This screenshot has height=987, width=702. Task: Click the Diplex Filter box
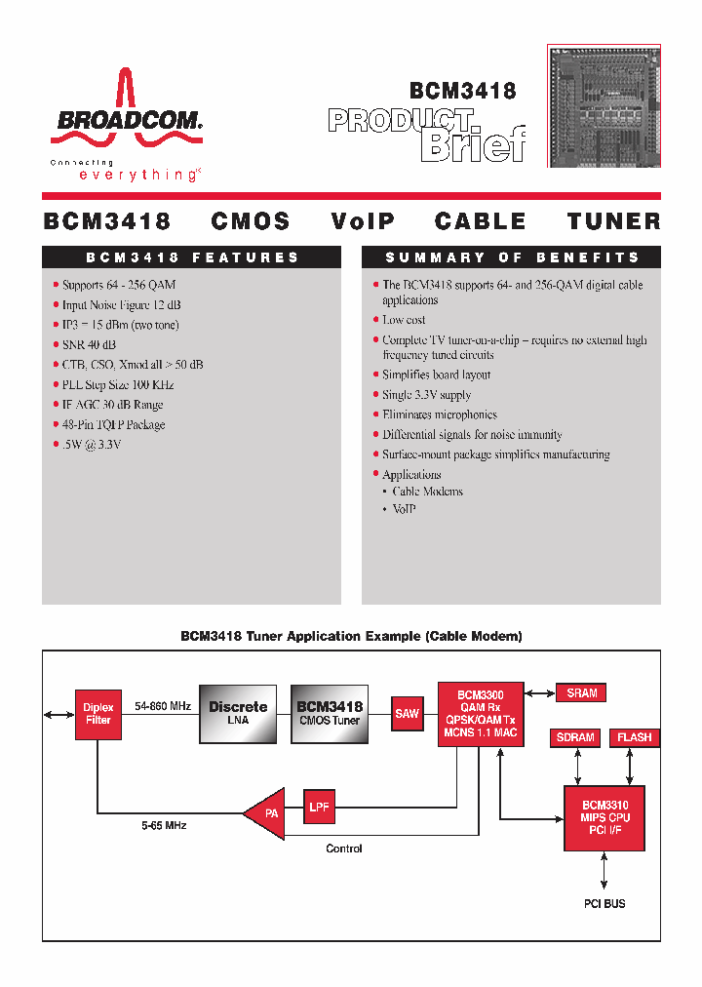pyautogui.click(x=98, y=714)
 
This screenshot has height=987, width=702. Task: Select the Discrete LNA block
pyautogui.click(x=238, y=713)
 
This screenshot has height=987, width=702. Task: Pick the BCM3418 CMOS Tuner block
pyautogui.click(x=329, y=713)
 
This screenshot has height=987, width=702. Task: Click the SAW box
pyautogui.click(x=408, y=713)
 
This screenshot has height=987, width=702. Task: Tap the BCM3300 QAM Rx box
pyautogui.click(x=480, y=712)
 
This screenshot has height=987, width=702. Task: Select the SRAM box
pyautogui.click(x=581, y=692)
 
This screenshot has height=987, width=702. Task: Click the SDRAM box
pyautogui.click(x=575, y=737)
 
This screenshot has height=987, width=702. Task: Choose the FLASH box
pyautogui.click(x=634, y=737)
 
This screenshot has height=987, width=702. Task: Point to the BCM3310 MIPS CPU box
pyautogui.click(x=604, y=817)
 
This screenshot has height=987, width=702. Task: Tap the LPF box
pyautogui.click(x=319, y=807)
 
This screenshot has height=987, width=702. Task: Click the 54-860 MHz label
pyautogui.click(x=162, y=705)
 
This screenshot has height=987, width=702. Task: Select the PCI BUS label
pyautogui.click(x=604, y=904)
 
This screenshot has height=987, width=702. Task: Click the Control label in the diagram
pyautogui.click(x=343, y=849)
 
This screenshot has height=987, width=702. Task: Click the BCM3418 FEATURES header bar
pyautogui.click(x=191, y=257)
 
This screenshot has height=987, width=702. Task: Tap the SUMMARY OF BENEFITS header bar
pyautogui.click(x=511, y=257)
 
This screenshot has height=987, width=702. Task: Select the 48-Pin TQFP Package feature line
pyautogui.click(x=113, y=424)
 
